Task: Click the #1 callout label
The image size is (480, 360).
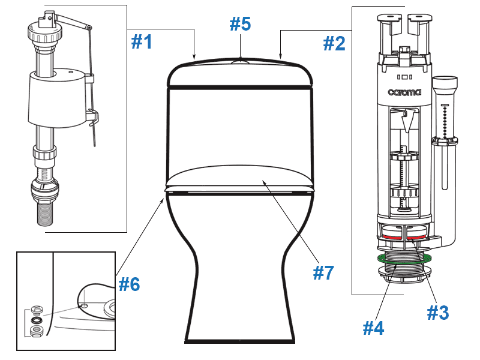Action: tap(142, 42)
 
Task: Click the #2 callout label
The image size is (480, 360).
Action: tap(334, 43)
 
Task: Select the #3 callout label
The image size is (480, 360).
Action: tap(437, 312)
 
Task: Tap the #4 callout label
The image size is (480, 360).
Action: tap(373, 328)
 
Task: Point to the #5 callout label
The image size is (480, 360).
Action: tap(241, 25)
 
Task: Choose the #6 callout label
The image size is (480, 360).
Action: tap(129, 284)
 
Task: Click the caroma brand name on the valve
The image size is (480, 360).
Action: tap(404, 92)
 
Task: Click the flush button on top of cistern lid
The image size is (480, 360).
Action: tap(240, 61)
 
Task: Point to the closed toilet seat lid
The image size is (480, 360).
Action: tap(240, 177)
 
